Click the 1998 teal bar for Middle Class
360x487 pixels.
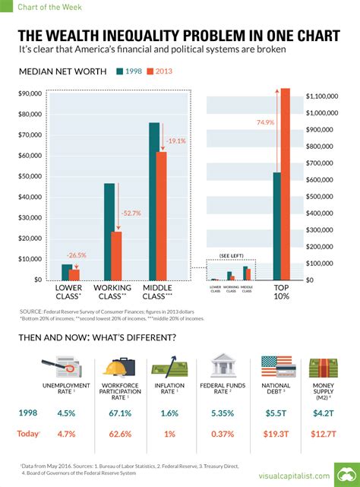pyautogui.click(x=154, y=201)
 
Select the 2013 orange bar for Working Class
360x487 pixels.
pyautogui.click(x=116, y=255)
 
